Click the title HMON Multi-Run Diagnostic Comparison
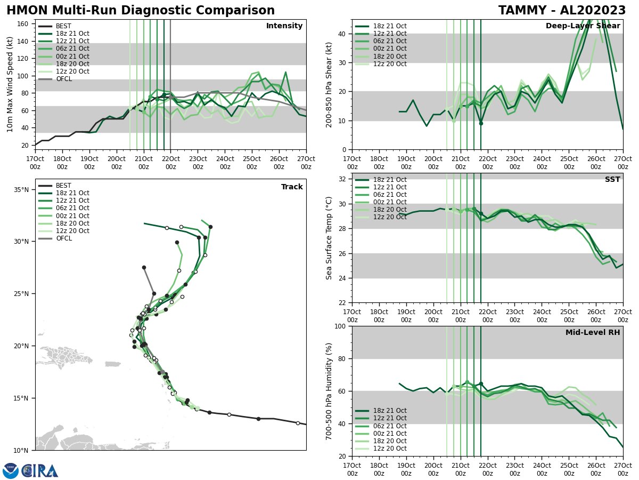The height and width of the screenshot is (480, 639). click(x=141, y=11)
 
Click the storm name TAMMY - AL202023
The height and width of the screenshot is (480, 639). click(x=562, y=11)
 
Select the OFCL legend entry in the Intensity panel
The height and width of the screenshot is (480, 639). click(x=63, y=79)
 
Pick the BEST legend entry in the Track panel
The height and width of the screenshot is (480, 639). click(x=63, y=186)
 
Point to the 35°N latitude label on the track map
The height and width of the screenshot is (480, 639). click(x=21, y=190)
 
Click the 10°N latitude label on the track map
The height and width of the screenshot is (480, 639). click(x=21, y=450)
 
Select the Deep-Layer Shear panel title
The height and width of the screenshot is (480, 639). click(x=583, y=26)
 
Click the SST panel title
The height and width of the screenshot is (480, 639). click(x=612, y=180)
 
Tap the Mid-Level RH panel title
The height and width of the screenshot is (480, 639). click(x=593, y=333)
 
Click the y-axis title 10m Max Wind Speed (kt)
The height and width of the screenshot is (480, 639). click(x=10, y=84)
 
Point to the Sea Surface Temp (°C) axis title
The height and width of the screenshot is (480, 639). click(x=329, y=238)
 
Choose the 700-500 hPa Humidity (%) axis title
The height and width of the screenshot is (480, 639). click(x=329, y=391)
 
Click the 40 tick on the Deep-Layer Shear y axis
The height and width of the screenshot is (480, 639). click(x=342, y=34)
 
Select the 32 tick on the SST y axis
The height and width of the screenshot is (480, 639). click(x=342, y=179)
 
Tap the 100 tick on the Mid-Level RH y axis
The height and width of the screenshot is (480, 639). click(x=340, y=326)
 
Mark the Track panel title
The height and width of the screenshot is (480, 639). click(x=292, y=187)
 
